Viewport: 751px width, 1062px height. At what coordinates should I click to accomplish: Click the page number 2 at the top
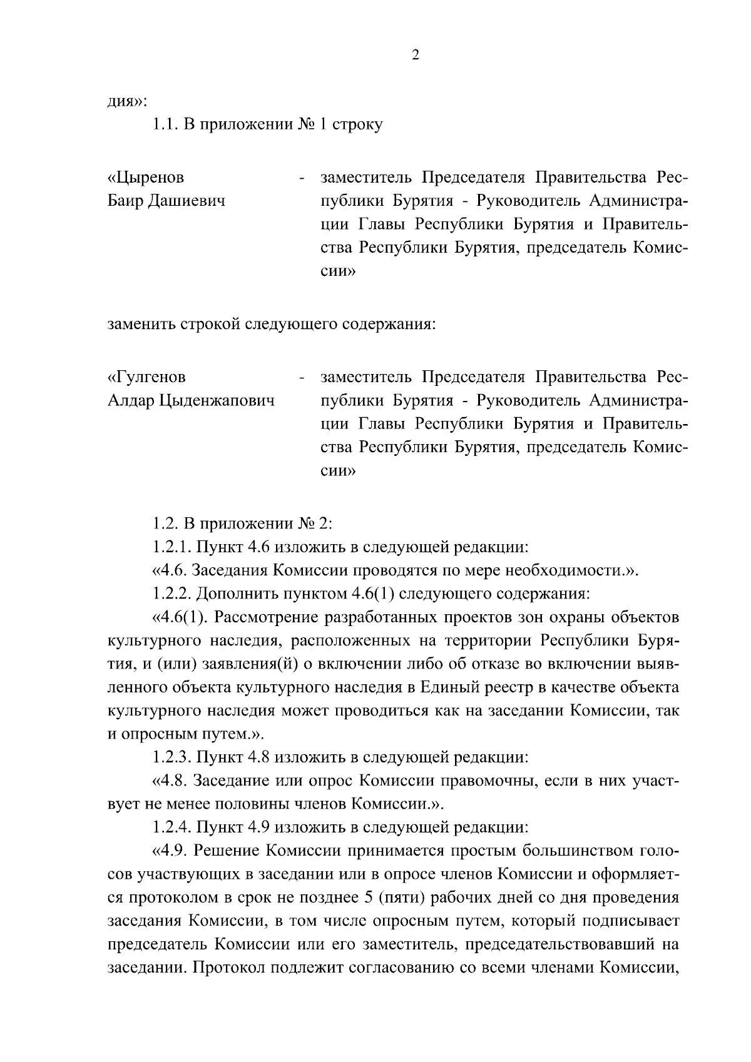(x=416, y=55)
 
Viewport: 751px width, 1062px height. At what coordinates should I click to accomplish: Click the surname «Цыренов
(x=146, y=178)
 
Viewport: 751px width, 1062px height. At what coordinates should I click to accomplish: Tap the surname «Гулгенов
(x=146, y=378)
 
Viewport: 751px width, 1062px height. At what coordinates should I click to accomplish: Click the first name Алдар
(x=131, y=401)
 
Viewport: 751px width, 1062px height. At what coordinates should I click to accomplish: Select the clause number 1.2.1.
(x=172, y=547)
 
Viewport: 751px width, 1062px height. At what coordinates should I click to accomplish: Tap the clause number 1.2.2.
(x=172, y=594)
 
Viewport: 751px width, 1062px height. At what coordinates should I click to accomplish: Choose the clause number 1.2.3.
(x=172, y=757)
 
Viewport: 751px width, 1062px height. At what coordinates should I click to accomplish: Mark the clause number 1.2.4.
(x=172, y=827)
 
